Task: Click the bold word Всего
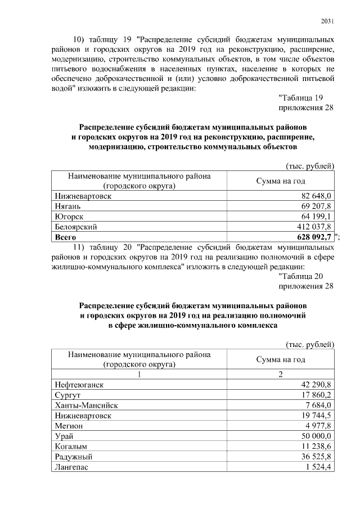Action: [x=66, y=237]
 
